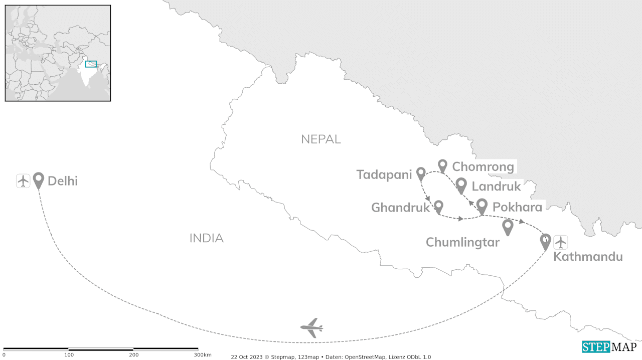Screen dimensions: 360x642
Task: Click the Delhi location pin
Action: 39,180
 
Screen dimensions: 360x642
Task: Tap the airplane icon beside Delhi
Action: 23,181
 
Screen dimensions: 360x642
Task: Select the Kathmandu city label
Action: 588,257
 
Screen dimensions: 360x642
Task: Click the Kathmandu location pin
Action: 545,241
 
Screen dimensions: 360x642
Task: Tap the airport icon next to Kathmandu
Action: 560,242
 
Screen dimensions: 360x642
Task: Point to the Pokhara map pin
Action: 481,206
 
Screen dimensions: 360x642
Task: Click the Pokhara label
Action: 517,207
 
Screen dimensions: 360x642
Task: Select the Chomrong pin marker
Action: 442,165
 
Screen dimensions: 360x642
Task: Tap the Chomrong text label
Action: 483,166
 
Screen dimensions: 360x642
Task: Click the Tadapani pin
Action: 421,173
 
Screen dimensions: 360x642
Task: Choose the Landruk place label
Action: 496,187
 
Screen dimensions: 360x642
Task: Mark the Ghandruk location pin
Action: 438,206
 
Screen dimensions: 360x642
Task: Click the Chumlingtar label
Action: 462,243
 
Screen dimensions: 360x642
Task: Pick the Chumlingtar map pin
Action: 508,227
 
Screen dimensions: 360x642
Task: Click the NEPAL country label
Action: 321,139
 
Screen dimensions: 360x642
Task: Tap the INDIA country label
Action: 206,239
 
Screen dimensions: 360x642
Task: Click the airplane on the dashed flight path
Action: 311,328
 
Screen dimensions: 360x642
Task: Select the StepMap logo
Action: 609,347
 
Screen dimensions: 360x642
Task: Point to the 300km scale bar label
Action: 202,355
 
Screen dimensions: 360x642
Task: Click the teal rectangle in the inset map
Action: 91,64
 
